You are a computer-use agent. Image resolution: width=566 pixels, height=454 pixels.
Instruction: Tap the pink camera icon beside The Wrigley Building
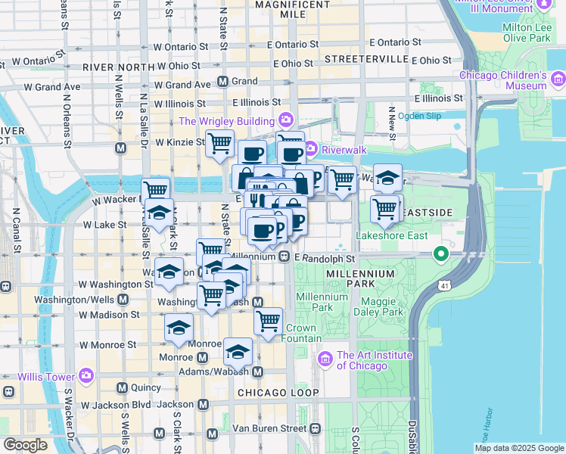coord(286,120)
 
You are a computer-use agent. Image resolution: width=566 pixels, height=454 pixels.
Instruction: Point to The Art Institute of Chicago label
coord(375,360)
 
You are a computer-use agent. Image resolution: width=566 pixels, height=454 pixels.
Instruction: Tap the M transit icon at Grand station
coord(223,81)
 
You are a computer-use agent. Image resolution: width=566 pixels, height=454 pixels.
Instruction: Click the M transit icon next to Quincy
coord(121,387)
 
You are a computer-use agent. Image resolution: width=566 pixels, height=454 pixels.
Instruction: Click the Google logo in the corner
coord(25,445)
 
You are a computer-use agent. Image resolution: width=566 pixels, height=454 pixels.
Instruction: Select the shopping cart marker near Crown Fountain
coord(268,321)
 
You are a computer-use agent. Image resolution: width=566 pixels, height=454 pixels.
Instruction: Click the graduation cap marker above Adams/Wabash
coord(238,351)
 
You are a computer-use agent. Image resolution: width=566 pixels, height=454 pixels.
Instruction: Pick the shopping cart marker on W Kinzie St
coord(219,141)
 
